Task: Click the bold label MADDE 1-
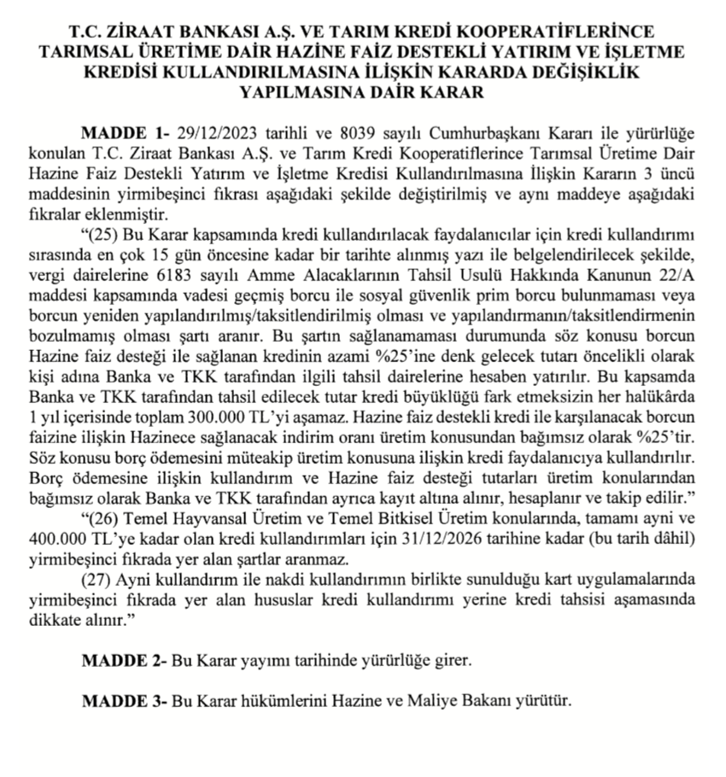pyautogui.click(x=123, y=135)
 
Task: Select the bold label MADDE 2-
pyautogui.click(x=123, y=661)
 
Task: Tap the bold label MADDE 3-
pyautogui.click(x=123, y=702)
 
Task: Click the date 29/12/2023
pyautogui.click(x=210, y=135)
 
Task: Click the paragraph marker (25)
pyautogui.click(x=106, y=236)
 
